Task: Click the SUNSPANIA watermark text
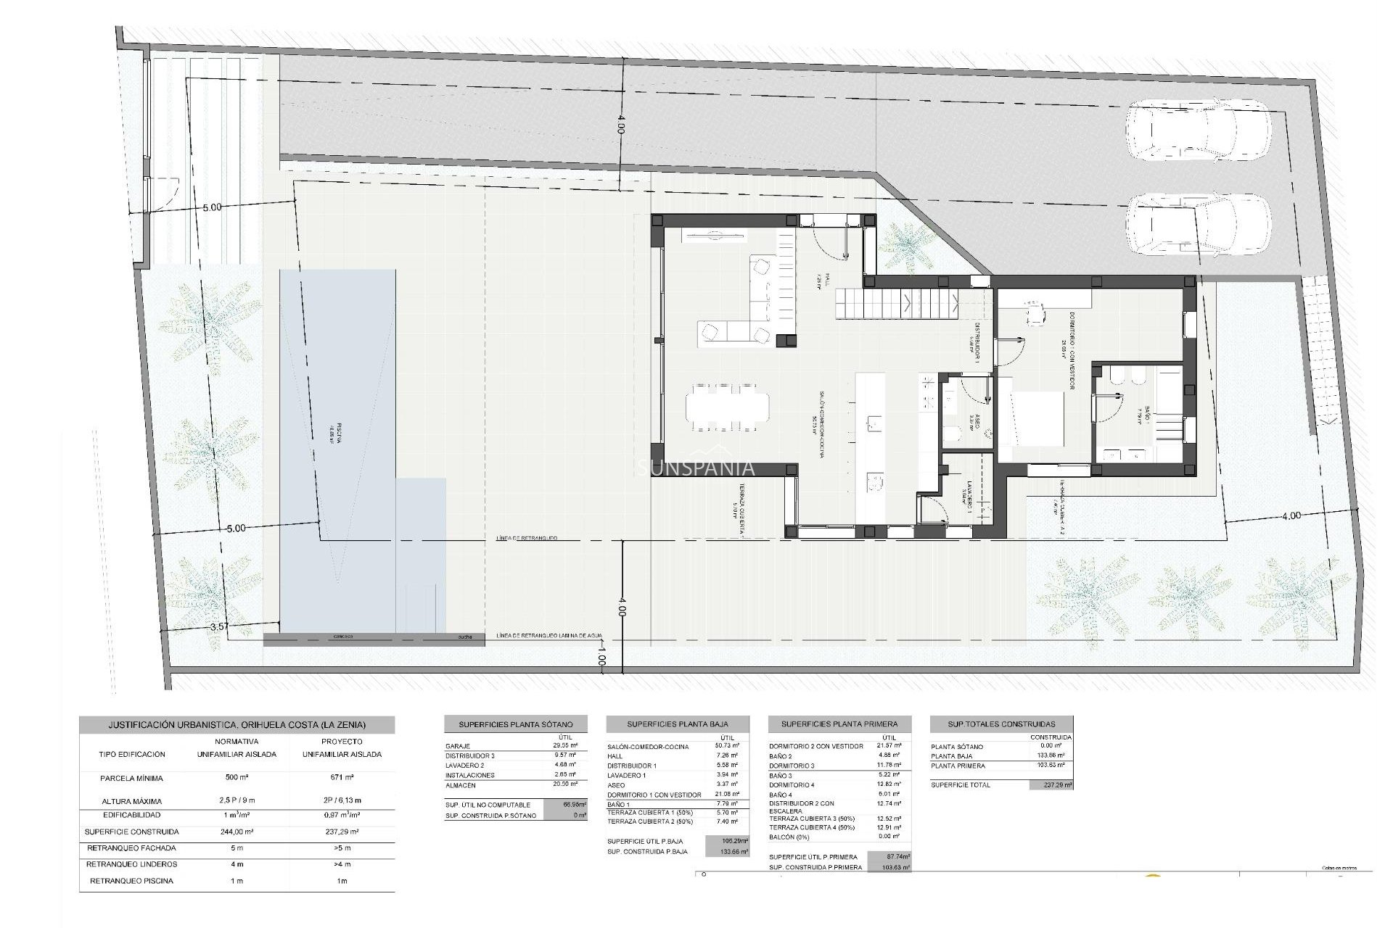pyautogui.click(x=695, y=469)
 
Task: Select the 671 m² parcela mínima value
pyautogui.click(x=342, y=778)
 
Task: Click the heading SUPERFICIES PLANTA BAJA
pyautogui.click(x=677, y=724)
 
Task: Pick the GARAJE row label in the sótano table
pyautogui.click(x=459, y=746)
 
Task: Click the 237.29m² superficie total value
pyautogui.click(x=1051, y=785)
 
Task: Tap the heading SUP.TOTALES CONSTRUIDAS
pyautogui.click(x=1001, y=724)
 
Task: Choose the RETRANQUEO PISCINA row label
pyautogui.click(x=131, y=881)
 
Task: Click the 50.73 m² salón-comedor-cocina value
pyautogui.click(x=726, y=746)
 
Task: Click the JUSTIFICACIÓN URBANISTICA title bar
pyautogui.click(x=237, y=725)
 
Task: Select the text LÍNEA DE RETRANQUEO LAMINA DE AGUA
pyautogui.click(x=549, y=636)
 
